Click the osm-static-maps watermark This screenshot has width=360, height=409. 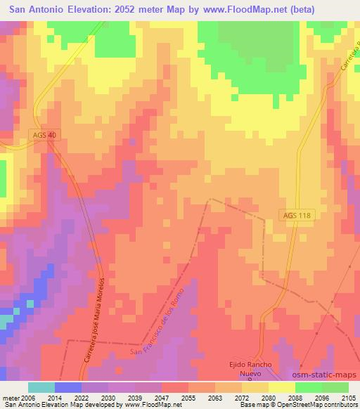[x=326, y=375]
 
